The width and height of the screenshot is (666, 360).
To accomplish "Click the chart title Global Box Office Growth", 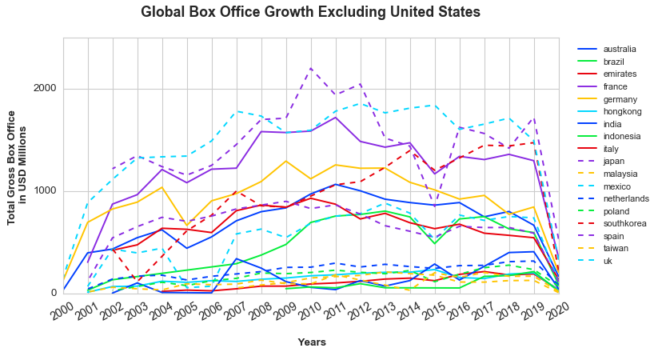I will click(310, 12).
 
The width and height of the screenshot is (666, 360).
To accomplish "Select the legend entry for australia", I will click(620, 49).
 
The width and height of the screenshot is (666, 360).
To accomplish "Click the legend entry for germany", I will click(620, 100).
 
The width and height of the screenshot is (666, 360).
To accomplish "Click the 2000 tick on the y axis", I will click(46, 89).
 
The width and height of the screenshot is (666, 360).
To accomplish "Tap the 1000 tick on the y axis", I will click(46, 190).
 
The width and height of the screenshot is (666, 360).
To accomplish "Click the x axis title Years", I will click(311, 342).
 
